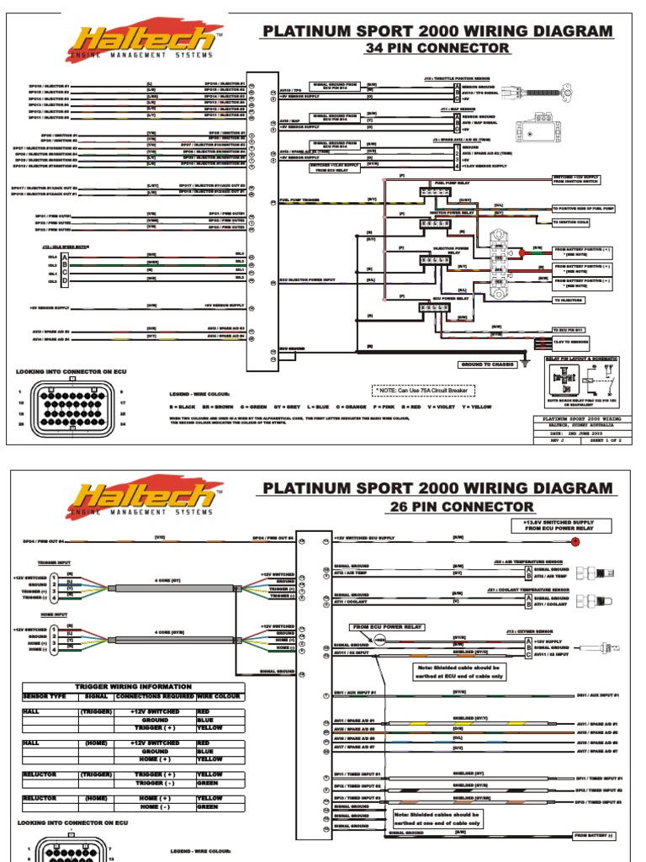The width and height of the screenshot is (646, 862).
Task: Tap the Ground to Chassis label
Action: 487,364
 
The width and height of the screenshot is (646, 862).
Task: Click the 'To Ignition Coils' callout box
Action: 581,222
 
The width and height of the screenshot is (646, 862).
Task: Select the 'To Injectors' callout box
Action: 581,300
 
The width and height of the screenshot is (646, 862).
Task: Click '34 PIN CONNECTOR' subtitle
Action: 437,48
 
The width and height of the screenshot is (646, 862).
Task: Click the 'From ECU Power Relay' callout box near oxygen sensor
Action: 378,627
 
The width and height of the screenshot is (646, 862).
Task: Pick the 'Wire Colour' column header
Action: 220,697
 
